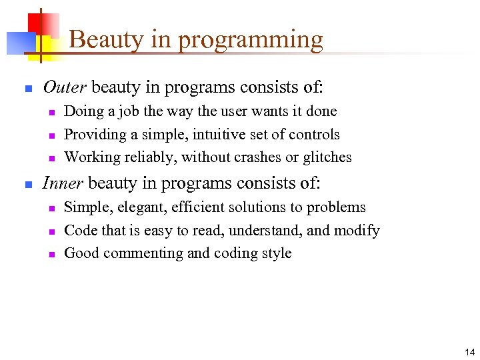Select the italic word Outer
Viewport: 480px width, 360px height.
tap(64, 87)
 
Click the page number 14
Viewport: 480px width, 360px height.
tap(470, 352)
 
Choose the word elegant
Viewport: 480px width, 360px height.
tap(142, 208)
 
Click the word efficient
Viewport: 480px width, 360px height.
tap(196, 207)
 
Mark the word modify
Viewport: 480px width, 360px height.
tap(361, 231)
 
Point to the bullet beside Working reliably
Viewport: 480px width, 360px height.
tap(51, 158)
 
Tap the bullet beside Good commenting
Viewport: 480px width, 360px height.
tap(51, 254)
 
